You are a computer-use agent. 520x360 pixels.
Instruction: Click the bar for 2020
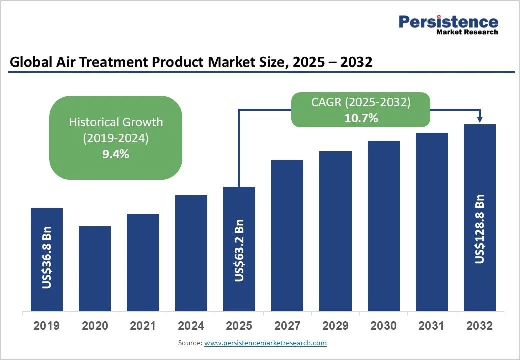click(95, 268)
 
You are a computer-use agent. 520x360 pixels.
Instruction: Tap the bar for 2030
click(384, 226)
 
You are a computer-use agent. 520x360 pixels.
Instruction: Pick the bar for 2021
click(143, 262)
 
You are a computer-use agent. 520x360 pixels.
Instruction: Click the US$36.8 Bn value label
click(47, 258)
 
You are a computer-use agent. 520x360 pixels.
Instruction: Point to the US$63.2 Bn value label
click(239, 250)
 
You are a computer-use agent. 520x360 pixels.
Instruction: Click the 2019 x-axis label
click(47, 326)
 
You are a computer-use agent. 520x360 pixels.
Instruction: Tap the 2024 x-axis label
click(191, 326)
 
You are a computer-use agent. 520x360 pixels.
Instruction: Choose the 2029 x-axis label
click(335, 326)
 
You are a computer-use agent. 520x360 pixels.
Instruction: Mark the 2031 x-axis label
click(431, 326)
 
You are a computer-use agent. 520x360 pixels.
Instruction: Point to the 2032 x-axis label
click(480, 326)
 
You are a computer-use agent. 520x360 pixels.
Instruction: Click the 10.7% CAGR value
click(361, 118)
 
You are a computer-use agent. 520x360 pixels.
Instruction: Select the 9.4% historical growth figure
click(116, 154)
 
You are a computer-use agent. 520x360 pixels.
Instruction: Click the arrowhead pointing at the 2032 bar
click(480, 119)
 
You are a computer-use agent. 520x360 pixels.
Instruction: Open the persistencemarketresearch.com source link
click(265, 343)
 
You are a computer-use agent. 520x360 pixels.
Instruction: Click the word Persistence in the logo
click(448, 22)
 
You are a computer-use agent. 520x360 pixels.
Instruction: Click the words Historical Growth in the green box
click(116, 122)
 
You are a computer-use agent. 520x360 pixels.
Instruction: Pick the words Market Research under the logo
click(467, 32)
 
